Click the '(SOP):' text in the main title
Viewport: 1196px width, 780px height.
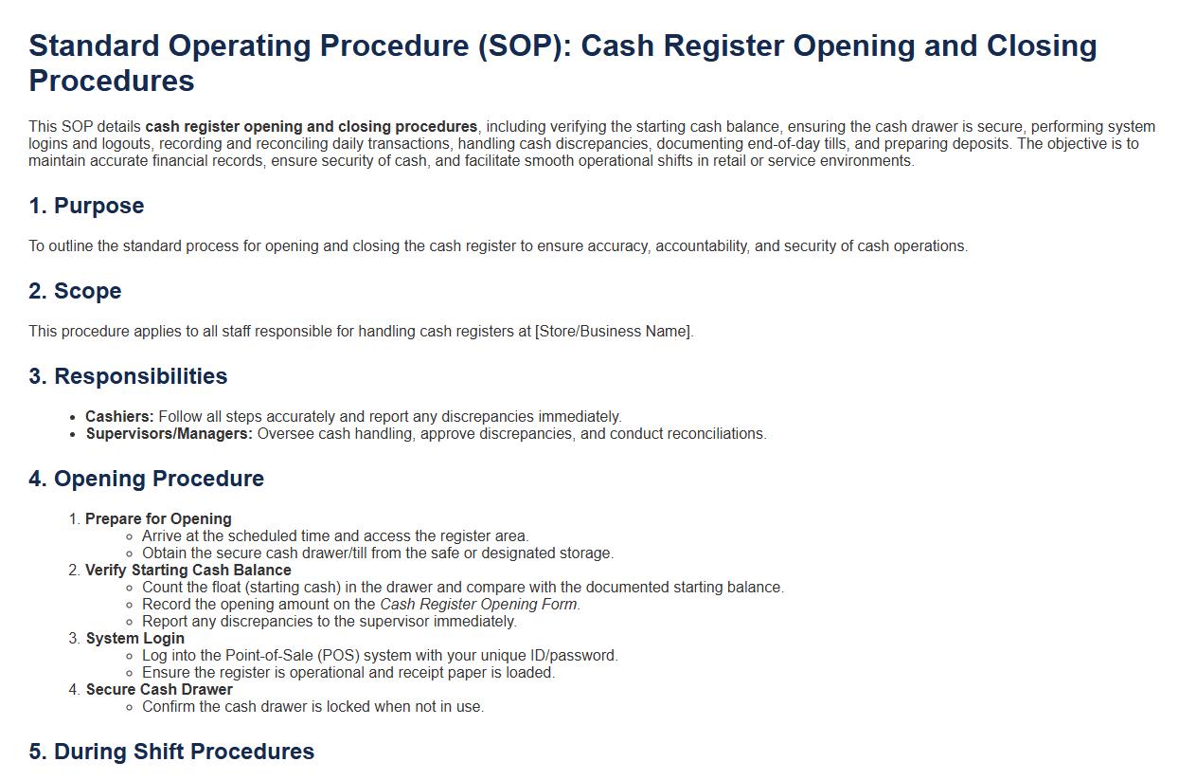(x=525, y=45)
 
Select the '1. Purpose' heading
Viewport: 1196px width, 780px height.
(x=86, y=206)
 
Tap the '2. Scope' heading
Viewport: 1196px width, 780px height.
(x=76, y=291)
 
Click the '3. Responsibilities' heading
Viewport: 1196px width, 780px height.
(x=128, y=376)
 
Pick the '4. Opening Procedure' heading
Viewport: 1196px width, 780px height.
(x=146, y=479)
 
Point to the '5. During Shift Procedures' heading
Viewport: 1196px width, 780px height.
(x=171, y=752)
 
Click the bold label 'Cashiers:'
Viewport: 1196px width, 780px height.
(x=119, y=417)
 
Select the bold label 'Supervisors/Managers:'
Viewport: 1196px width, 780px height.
(x=170, y=434)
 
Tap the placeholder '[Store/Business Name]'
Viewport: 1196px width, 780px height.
(x=613, y=331)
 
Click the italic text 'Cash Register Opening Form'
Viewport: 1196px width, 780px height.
(x=478, y=605)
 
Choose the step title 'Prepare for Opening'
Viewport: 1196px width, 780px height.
(x=158, y=519)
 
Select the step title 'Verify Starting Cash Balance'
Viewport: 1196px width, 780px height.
(x=188, y=570)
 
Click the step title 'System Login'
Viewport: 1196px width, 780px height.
(x=135, y=639)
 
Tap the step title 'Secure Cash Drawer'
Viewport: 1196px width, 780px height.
(x=159, y=690)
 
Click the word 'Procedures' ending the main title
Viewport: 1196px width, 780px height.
(x=112, y=82)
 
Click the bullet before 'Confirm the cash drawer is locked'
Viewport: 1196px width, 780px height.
(x=129, y=707)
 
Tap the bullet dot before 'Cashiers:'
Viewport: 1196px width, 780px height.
(x=73, y=418)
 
